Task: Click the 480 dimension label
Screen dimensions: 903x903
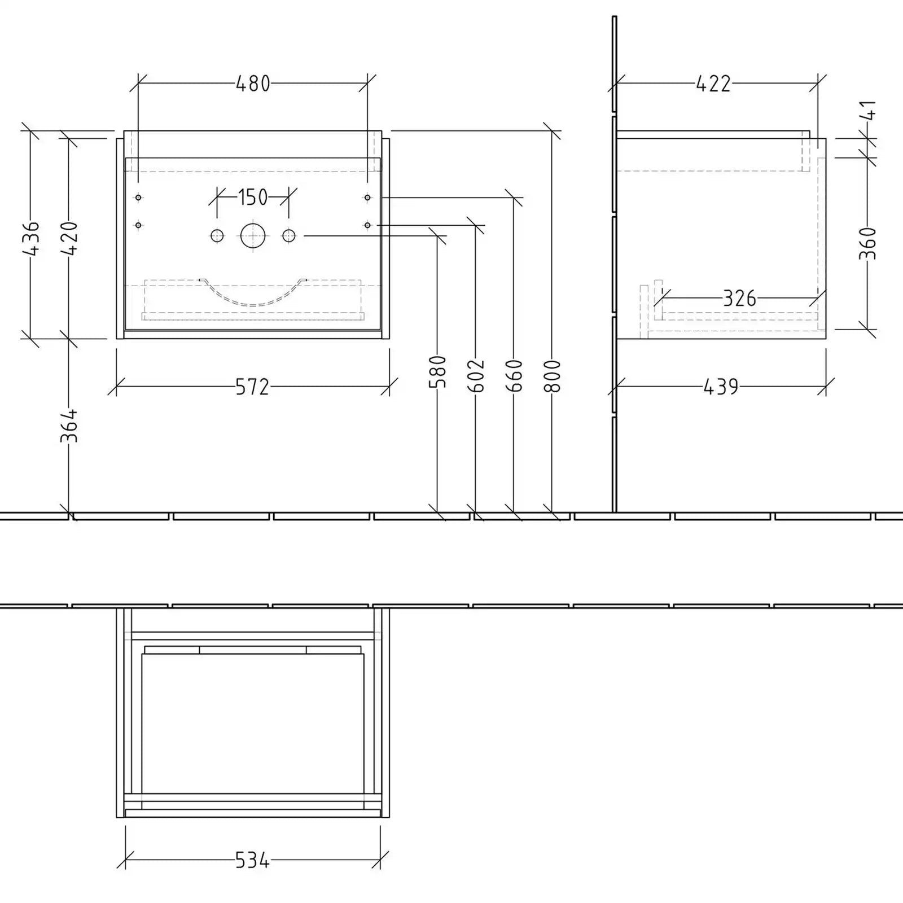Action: [x=253, y=84]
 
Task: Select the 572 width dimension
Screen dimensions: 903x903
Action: [x=252, y=387]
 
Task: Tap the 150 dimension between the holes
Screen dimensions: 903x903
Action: [x=252, y=198]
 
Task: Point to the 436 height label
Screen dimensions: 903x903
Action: [x=31, y=239]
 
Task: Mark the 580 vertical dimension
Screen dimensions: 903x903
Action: [x=438, y=372]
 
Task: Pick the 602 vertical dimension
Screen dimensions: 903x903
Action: [x=476, y=375]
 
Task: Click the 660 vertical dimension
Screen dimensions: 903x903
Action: [x=514, y=375]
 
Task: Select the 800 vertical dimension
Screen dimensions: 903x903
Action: [x=553, y=375]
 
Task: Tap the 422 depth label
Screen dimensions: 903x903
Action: [x=713, y=84]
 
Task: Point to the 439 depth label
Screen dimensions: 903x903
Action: [x=721, y=387]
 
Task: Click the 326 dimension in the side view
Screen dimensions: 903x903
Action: [x=739, y=299]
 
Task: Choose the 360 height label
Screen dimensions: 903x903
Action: [x=868, y=243]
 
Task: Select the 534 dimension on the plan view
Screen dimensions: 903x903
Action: [x=252, y=860]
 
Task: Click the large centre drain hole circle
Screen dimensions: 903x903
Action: [x=252, y=235]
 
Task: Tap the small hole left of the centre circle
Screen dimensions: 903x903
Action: [x=217, y=235]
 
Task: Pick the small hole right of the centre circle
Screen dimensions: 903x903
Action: [x=288, y=235]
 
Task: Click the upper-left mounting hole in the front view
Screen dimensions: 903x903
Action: [x=138, y=198]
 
